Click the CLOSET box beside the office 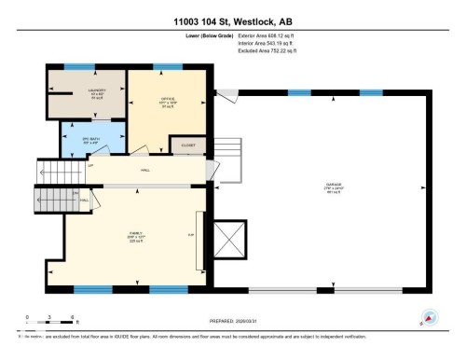[x=183, y=145]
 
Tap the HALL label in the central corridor [x=145, y=170]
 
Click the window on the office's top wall [x=167, y=67]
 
